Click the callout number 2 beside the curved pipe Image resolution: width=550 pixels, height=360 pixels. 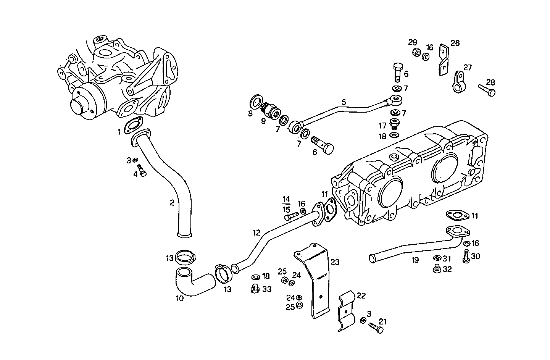[x=172, y=203]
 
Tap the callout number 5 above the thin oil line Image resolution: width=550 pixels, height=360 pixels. [x=344, y=102]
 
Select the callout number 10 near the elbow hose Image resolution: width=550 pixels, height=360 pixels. [x=179, y=298]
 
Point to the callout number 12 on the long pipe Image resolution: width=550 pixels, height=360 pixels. [x=256, y=232]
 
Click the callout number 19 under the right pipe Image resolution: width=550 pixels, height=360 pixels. [x=415, y=260]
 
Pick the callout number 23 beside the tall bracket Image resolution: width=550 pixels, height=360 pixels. [x=335, y=262]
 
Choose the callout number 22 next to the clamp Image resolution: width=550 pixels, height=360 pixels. [x=361, y=296]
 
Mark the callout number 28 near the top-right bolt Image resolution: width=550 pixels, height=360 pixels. [x=490, y=82]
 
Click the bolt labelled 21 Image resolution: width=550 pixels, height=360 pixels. [x=376, y=328]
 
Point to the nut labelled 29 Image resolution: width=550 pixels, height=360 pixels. [x=416, y=52]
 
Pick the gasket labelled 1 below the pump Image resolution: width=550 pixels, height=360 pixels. [x=133, y=125]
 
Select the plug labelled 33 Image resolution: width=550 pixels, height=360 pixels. [x=254, y=289]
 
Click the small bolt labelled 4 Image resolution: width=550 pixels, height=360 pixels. [x=142, y=170]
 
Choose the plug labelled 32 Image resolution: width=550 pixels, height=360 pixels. [x=437, y=270]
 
